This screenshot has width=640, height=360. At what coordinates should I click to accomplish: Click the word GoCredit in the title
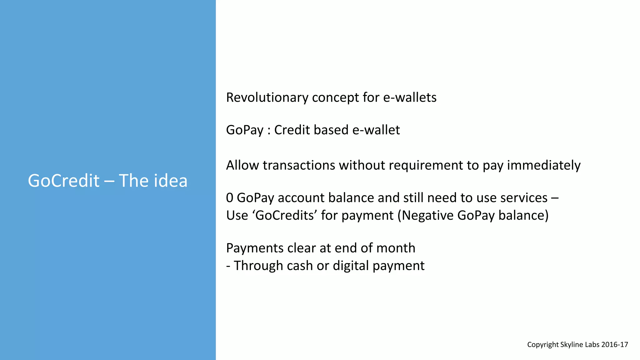(x=64, y=181)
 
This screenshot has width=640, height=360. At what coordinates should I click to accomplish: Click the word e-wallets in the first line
(x=410, y=97)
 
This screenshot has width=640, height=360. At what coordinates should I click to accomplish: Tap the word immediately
(x=543, y=165)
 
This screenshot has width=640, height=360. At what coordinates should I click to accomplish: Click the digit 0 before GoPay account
(x=230, y=198)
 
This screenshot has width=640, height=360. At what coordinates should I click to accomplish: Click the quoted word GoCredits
(x=285, y=215)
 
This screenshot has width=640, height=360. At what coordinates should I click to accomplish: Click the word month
(x=396, y=248)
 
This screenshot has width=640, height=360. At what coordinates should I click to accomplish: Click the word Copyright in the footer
(x=543, y=345)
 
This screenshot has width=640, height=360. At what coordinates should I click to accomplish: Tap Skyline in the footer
(x=571, y=345)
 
